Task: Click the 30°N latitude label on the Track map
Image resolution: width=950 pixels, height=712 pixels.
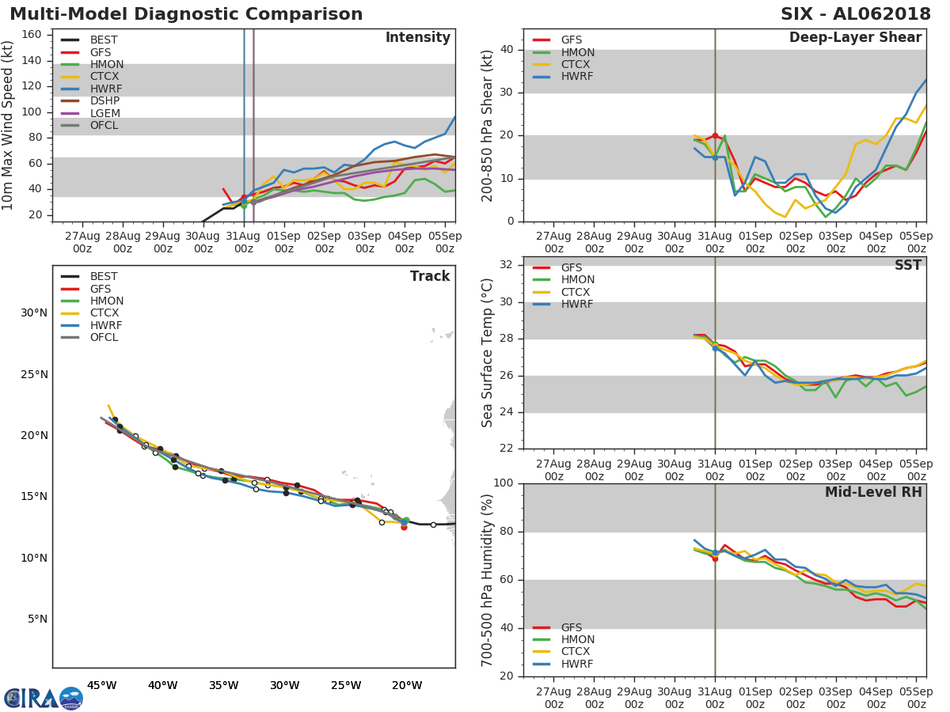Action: [33, 312]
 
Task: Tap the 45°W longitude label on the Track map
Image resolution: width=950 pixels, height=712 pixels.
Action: [101, 685]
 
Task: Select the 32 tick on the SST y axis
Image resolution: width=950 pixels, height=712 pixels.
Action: [507, 265]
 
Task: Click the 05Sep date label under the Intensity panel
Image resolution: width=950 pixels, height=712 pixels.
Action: [445, 242]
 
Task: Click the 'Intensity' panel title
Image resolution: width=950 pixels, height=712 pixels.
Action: [417, 38]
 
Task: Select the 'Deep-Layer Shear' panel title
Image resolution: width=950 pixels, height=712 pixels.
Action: [855, 38]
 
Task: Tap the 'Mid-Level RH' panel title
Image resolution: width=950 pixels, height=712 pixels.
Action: [873, 492]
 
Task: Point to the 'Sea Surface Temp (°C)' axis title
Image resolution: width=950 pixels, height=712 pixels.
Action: [488, 353]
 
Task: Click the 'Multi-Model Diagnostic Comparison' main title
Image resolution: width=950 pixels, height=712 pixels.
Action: [186, 14]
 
